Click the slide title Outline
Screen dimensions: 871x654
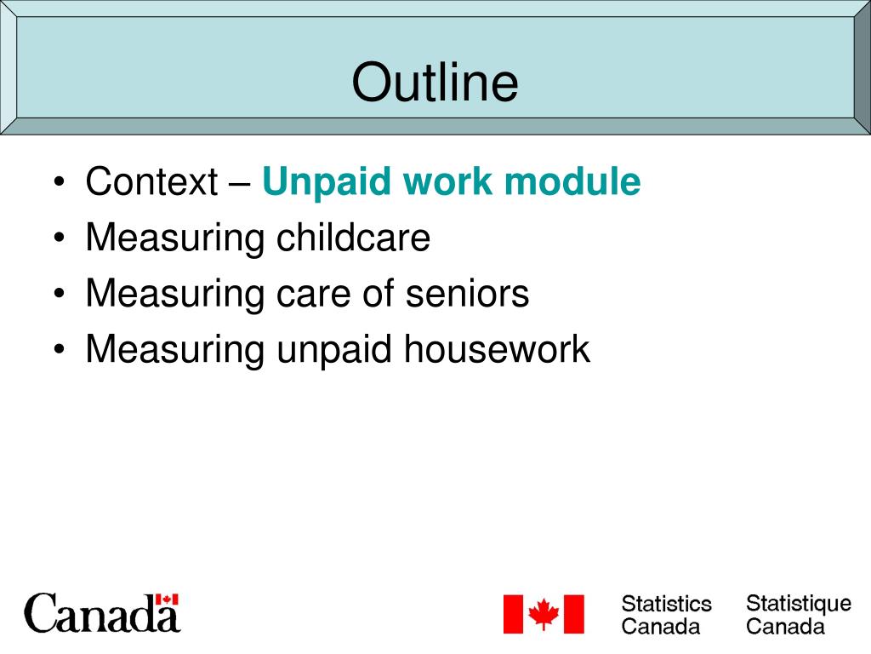[x=435, y=82]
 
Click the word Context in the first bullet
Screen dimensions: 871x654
[x=151, y=181]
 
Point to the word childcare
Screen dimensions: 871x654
[x=353, y=238]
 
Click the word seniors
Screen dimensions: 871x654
[x=467, y=294]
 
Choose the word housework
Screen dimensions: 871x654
[x=497, y=349]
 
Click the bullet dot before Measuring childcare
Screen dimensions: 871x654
[x=60, y=238]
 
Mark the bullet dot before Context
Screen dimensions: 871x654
[x=60, y=182]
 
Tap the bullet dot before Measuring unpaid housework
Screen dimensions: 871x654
[x=60, y=350]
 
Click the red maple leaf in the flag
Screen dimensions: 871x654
[x=544, y=613]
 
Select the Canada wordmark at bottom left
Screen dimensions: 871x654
[x=102, y=613]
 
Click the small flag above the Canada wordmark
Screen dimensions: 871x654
[x=167, y=599]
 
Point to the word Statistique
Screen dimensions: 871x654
[x=798, y=605]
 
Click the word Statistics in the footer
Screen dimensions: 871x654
[x=667, y=604]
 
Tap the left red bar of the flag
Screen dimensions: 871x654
[x=513, y=614]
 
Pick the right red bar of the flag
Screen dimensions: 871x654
[x=574, y=614]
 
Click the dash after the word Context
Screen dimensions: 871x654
[x=240, y=185]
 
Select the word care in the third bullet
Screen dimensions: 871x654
[x=315, y=295]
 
